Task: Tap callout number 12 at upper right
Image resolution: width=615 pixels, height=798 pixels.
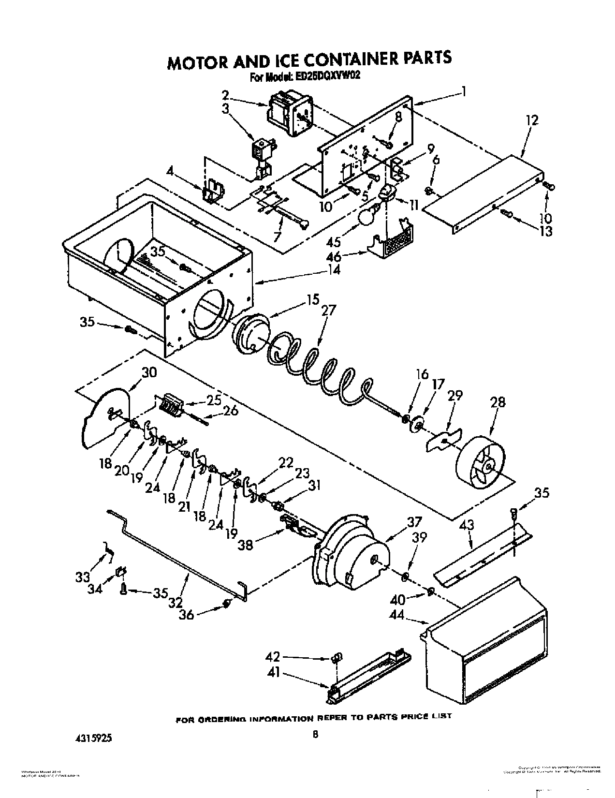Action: pyautogui.click(x=531, y=120)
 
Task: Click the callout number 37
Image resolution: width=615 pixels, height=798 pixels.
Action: pyautogui.click(x=414, y=522)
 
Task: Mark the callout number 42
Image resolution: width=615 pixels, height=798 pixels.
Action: pyautogui.click(x=273, y=657)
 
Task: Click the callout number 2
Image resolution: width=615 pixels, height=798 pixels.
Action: pyautogui.click(x=225, y=94)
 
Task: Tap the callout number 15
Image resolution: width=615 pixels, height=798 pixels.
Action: pyautogui.click(x=312, y=300)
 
